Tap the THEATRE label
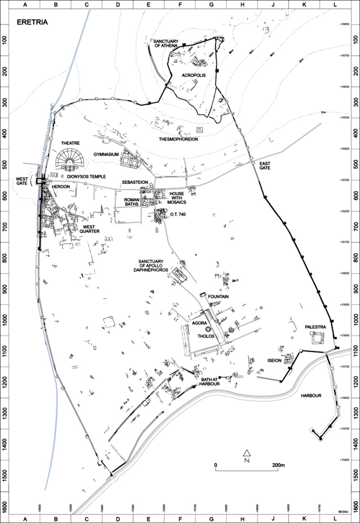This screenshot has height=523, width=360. pyautogui.click(x=70, y=143)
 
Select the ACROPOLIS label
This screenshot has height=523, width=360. pyautogui.click(x=193, y=75)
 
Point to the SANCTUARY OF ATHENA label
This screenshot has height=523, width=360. pyautogui.click(x=166, y=43)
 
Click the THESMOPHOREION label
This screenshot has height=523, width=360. pyautogui.click(x=178, y=139)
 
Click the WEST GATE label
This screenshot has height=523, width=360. pyautogui.click(x=22, y=181)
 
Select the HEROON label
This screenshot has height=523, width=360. pyautogui.click(x=61, y=186)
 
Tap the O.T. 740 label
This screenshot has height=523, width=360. pyautogui.click(x=178, y=214)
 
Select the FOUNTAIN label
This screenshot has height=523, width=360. pyautogui.click(x=218, y=297)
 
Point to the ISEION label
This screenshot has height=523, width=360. pyautogui.click(x=274, y=360)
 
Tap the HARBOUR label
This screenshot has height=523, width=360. pyautogui.click(x=311, y=396)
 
